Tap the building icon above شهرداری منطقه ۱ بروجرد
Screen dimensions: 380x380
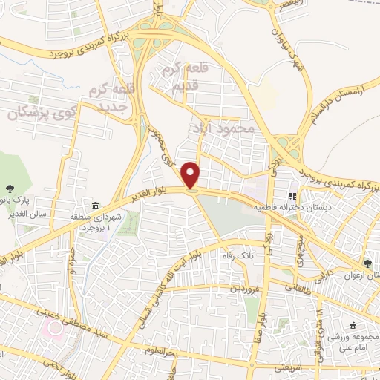[94, 206]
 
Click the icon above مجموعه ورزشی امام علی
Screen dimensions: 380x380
[352, 325]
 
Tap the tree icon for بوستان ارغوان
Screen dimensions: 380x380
[368, 264]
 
